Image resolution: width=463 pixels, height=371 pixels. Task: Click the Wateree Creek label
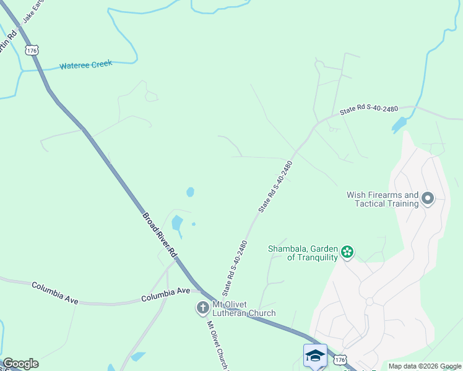[x=85, y=65]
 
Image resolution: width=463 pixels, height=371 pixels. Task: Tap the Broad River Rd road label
[x=160, y=236]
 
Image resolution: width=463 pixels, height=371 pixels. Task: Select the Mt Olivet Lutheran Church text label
[x=244, y=309]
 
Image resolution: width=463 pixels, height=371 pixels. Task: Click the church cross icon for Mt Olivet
[x=202, y=308]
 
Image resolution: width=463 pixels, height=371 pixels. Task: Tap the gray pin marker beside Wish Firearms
[x=428, y=198]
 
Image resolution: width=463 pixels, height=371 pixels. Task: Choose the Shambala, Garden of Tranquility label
[x=303, y=253]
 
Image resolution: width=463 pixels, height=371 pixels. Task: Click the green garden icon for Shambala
[x=347, y=252]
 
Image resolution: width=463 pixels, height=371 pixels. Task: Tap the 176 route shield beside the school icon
[x=339, y=359]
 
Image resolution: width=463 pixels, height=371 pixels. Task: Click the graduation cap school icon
[x=315, y=356]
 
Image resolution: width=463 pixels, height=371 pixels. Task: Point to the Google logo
[x=20, y=364]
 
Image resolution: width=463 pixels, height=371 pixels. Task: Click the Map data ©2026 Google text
[x=425, y=366]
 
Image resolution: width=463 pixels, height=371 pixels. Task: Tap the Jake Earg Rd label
[x=35, y=11]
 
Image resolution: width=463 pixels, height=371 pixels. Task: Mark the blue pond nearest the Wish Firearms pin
[x=399, y=126]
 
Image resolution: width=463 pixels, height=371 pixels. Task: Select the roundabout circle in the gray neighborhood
[x=370, y=302]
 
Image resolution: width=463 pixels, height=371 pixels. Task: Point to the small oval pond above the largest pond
[x=190, y=192]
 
